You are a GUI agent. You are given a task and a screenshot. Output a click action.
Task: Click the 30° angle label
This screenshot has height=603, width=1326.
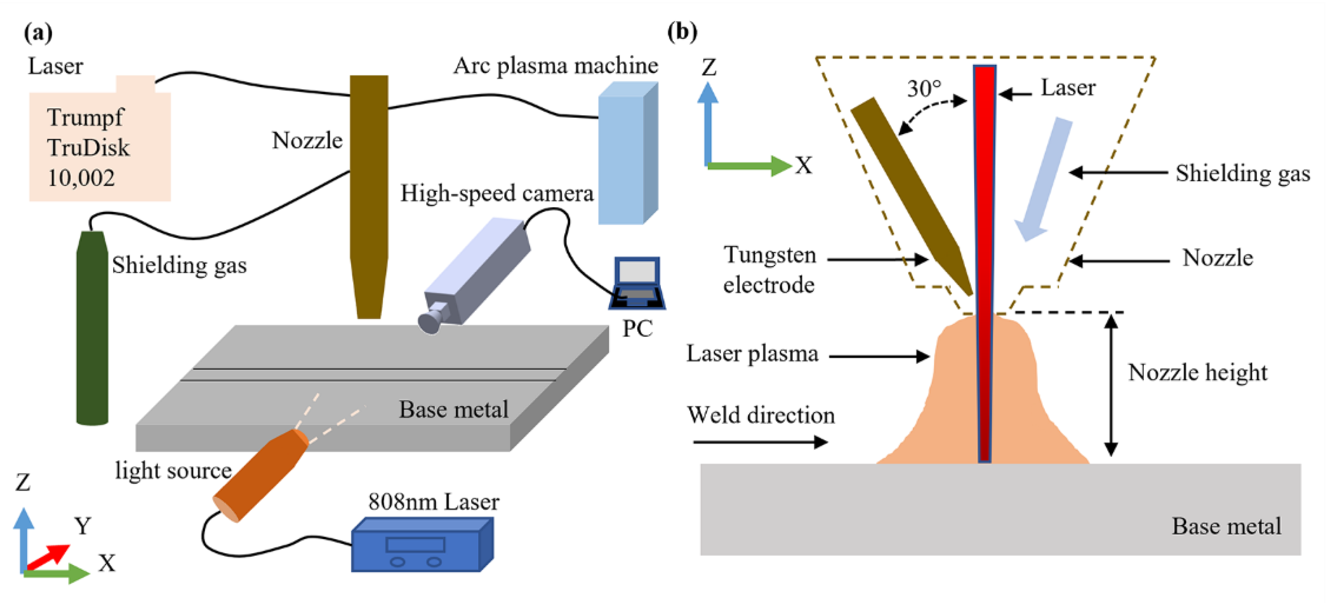point(924,88)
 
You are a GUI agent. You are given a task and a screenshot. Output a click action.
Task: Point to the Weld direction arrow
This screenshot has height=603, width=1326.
point(760,442)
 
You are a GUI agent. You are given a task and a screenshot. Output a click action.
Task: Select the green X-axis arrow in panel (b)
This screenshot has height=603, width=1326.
point(749,166)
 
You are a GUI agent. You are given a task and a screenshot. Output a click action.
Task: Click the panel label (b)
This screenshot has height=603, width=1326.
point(682,32)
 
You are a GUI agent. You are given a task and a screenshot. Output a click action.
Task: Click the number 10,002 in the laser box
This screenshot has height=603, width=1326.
point(81,178)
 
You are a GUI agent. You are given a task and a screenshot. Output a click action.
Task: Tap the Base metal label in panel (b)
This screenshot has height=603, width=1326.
point(1226,526)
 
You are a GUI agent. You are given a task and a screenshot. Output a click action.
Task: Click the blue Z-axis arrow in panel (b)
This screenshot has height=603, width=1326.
point(708,123)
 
